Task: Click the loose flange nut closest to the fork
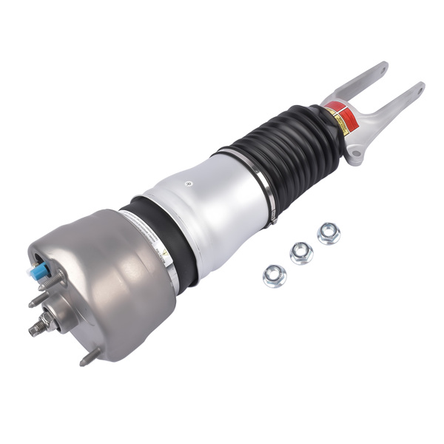click(329, 233)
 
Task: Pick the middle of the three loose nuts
click(301, 253)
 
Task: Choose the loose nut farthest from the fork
click(274, 276)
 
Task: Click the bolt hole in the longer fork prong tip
click(420, 91)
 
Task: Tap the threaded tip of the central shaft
click(33, 331)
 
